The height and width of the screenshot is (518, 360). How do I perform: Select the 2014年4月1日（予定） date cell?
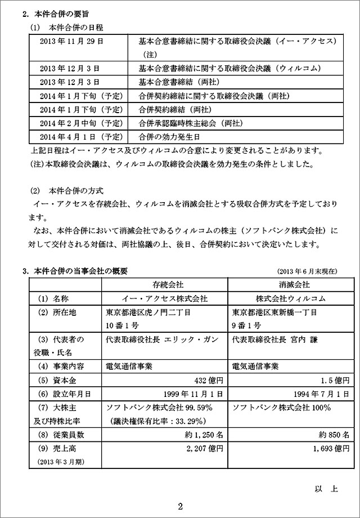point(81,136)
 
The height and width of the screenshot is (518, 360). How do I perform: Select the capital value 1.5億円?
point(336,380)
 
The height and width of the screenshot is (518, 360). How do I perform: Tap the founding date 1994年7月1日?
point(321,394)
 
